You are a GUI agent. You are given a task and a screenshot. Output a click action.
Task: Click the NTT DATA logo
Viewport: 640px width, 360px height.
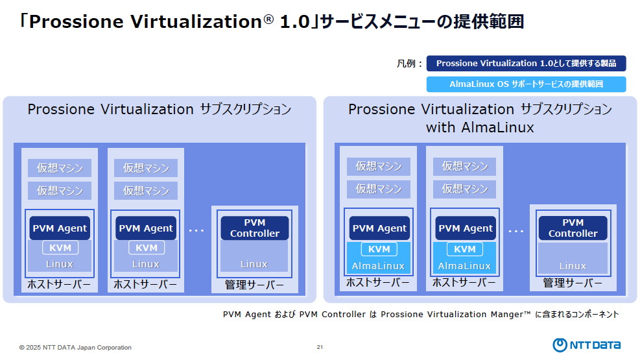pos(587,344)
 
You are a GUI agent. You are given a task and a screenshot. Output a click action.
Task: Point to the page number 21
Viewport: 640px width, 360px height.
pos(320,347)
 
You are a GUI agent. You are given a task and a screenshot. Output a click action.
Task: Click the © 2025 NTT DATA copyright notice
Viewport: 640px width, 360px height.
pos(75,348)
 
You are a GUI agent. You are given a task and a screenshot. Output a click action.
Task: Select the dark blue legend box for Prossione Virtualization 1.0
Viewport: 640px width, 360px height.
pos(526,64)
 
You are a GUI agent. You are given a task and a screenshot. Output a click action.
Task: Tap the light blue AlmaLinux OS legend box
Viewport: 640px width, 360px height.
pos(526,84)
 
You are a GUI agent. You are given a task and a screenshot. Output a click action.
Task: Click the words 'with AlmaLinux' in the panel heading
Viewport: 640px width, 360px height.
pos(479,127)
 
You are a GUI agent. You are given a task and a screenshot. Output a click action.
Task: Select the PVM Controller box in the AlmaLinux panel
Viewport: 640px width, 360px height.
pos(573,228)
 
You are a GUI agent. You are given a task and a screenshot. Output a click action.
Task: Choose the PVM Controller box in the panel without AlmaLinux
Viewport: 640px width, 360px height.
pos(255,228)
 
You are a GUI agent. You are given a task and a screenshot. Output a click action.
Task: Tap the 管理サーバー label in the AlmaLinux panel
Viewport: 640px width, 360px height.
pos(573,283)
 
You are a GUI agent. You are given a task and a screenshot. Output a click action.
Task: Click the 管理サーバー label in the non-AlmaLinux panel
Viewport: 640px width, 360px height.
pos(254,285)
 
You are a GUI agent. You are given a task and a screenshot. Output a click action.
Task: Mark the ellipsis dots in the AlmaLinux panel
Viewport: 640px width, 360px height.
pos(516,231)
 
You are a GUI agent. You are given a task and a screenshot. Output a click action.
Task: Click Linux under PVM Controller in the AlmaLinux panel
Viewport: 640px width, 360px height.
pos(573,266)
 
